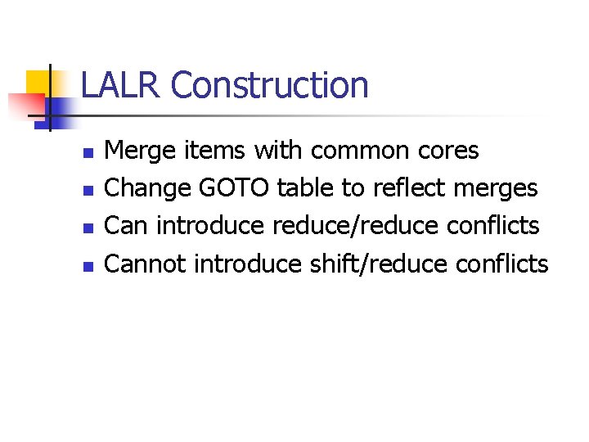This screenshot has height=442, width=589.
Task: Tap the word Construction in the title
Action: pos(270,85)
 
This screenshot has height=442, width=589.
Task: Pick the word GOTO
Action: pos(236,189)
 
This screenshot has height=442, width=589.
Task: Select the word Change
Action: pos(150,189)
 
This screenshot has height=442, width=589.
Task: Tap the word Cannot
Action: pos(146,264)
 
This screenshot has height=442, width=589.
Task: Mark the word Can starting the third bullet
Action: pos(128,227)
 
